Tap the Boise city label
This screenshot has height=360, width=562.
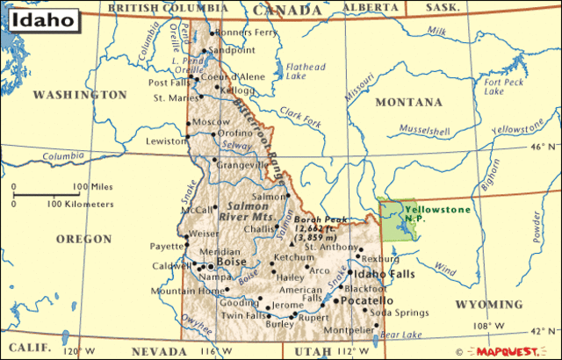[x=232, y=261]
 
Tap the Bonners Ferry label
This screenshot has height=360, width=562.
[x=245, y=32]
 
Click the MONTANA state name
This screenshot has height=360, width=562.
[x=408, y=103]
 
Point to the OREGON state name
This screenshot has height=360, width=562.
[x=83, y=239]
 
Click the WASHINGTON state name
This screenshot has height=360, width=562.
[x=80, y=94]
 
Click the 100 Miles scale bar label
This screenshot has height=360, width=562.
[x=93, y=186]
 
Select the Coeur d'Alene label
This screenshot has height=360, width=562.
[x=233, y=76]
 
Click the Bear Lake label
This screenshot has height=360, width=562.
[x=404, y=335]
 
